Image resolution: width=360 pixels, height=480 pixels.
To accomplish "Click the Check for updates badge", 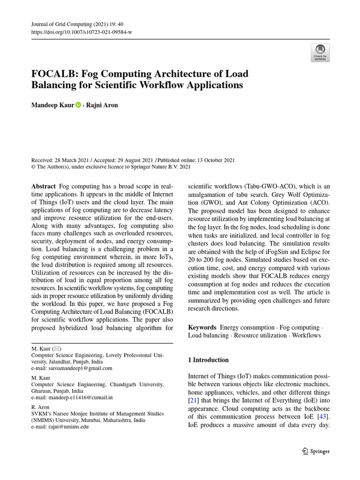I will (320, 52).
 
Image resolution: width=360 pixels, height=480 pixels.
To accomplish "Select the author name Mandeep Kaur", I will (52, 105).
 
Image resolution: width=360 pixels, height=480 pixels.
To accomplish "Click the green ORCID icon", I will (78, 105).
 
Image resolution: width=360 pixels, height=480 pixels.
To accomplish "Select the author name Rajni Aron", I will (102, 105).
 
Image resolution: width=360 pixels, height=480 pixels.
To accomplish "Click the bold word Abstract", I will (43, 187).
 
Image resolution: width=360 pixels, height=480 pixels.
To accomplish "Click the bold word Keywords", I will (202, 327).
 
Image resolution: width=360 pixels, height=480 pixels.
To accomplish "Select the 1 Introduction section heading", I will (208, 360).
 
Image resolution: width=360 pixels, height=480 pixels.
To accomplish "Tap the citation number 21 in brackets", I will (192, 400).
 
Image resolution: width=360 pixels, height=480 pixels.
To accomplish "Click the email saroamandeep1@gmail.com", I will (79, 368).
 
